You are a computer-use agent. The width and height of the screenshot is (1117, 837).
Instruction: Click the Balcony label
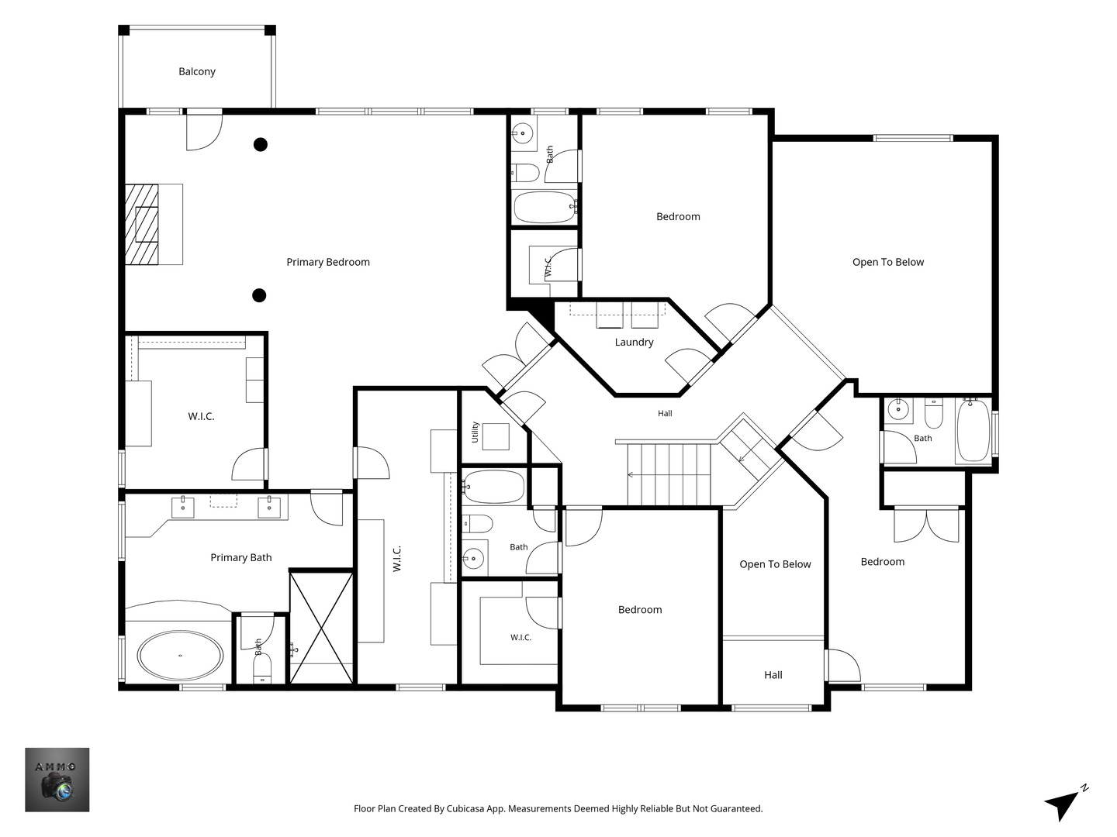197,71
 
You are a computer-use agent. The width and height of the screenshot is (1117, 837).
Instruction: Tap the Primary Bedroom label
328,262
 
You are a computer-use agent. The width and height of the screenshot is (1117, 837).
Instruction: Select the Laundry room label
634,342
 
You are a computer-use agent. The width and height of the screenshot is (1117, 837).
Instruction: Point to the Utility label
476,432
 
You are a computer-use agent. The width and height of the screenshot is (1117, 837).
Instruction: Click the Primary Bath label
241,557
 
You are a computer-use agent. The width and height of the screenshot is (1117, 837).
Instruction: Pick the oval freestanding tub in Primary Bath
180,656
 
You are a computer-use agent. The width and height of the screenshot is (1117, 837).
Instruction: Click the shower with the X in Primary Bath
322,628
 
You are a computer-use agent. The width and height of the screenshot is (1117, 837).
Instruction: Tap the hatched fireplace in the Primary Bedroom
141,224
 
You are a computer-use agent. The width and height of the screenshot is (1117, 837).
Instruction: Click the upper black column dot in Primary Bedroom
261,145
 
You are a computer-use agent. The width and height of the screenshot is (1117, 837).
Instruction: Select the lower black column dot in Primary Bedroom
259,295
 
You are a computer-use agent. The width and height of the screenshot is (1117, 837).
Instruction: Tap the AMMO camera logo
57,780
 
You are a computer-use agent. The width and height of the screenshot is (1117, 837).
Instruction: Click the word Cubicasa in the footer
465,808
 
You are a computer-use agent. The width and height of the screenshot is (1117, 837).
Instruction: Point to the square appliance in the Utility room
496,436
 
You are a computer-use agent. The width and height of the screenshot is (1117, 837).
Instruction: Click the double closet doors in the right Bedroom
927,525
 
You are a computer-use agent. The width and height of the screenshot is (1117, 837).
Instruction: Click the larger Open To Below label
888,262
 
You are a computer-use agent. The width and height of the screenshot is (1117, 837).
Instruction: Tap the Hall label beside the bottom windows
773,675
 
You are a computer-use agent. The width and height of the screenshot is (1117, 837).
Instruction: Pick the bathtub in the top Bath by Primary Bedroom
545,207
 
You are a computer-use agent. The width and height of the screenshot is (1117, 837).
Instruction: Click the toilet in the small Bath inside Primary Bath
262,672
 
